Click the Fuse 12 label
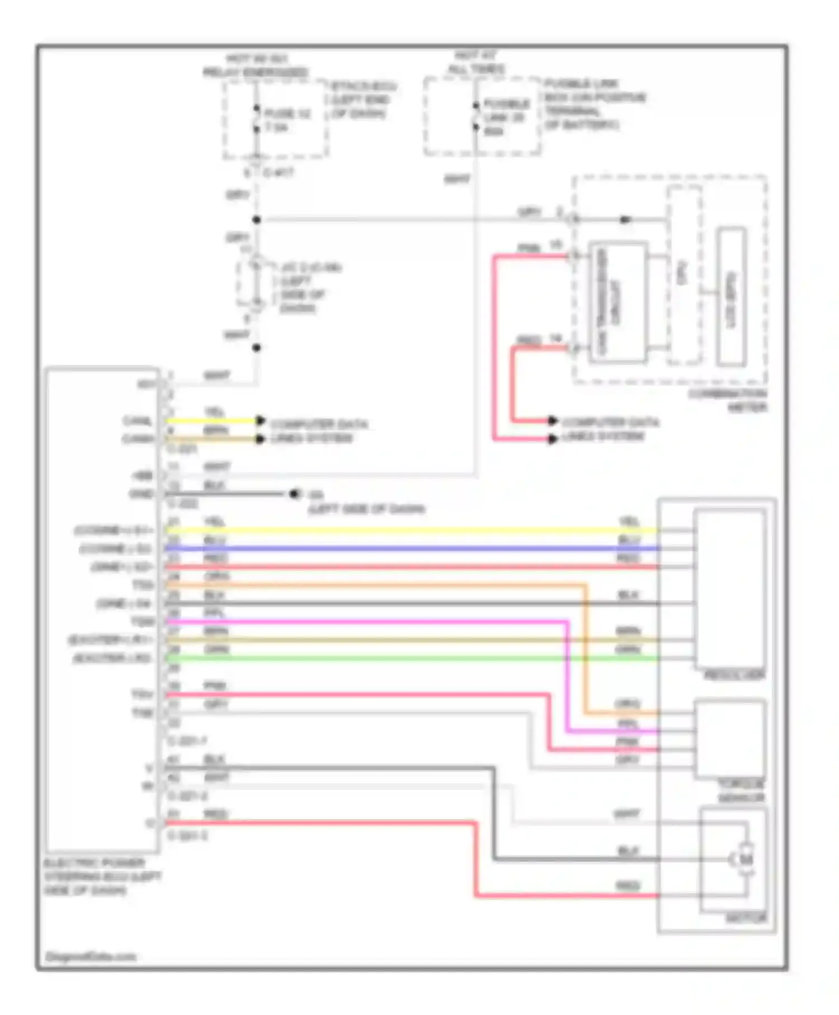pos(287,120)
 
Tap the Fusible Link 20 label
pos(505,117)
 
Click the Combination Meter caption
pos(728,400)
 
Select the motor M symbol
pos(746,859)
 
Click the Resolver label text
pos(733,675)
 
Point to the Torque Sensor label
pos(741,790)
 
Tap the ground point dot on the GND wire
pos(294,494)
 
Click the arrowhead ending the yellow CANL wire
pos(260,420)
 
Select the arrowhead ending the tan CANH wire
pos(260,439)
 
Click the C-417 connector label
pos(278,173)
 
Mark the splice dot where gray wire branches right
pos(256,220)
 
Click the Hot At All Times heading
pos(476,62)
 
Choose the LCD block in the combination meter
pos(731,296)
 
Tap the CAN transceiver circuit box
pos(618,302)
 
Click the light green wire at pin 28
pos(392,659)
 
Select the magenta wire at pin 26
pos(364,622)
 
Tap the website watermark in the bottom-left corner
pos(91,957)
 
